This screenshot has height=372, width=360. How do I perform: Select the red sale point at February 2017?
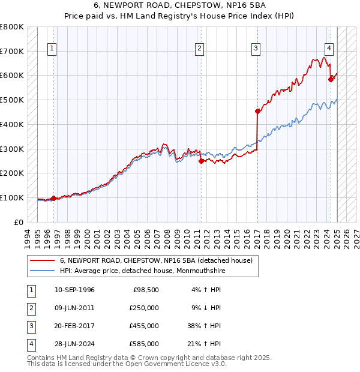click(x=257, y=111)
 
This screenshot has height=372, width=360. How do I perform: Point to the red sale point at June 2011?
click(x=201, y=161)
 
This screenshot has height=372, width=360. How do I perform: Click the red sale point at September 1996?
click(x=53, y=198)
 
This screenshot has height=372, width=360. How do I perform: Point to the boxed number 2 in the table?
click(x=29, y=308)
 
